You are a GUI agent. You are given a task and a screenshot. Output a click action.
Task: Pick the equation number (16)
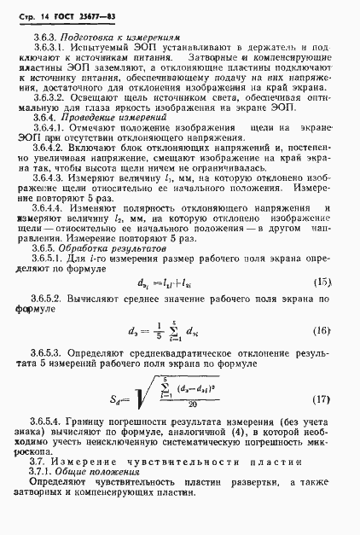[322, 331]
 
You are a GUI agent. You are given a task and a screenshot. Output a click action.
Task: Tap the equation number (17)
[322, 399]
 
